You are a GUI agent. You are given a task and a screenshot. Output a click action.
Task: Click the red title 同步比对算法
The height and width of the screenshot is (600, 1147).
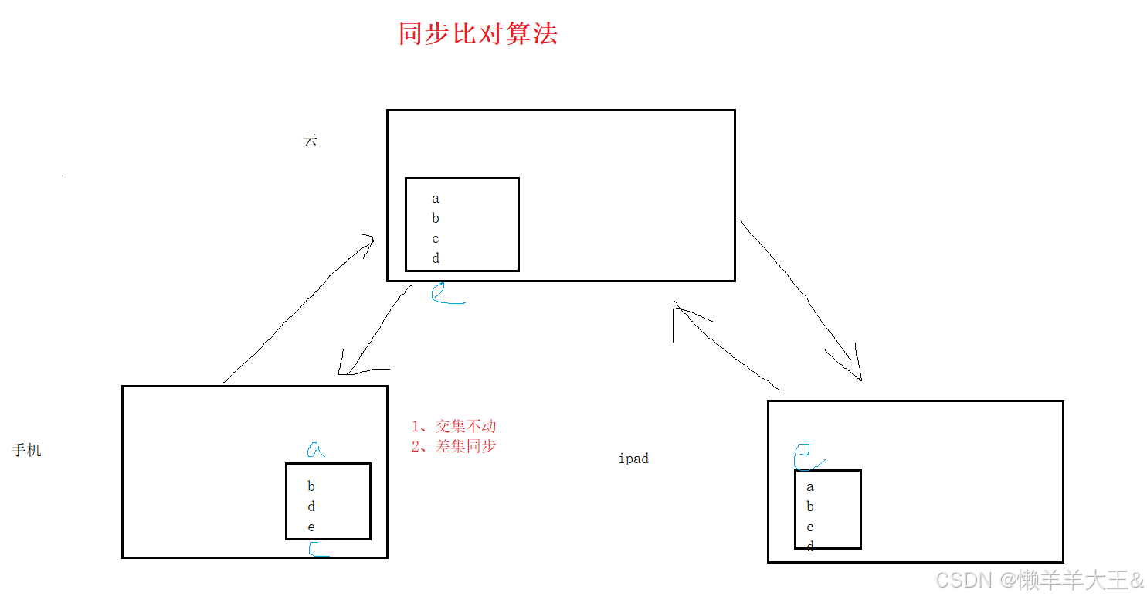pos(477,34)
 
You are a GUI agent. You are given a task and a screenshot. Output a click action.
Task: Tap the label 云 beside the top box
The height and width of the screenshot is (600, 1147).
pos(311,141)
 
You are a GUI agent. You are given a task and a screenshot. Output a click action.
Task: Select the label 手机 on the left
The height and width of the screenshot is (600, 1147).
pos(27,450)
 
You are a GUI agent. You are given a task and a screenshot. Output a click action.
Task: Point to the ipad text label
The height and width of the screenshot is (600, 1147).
pos(633,459)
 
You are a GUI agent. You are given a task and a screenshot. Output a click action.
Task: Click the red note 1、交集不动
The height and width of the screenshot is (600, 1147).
pos(454,426)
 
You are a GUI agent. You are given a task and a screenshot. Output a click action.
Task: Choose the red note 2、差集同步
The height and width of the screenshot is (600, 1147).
pos(454,446)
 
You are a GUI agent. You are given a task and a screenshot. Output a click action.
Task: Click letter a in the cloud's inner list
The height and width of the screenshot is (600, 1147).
pos(436,199)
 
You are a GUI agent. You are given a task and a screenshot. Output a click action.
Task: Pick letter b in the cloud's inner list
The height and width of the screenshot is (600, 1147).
pos(436,219)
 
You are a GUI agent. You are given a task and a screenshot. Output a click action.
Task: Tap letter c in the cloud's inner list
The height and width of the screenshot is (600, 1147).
pos(436,239)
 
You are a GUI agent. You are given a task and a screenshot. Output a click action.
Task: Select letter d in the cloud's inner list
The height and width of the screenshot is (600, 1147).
pos(436,259)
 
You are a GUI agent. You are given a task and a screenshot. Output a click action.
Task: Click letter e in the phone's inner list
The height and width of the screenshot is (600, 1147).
pos(311,527)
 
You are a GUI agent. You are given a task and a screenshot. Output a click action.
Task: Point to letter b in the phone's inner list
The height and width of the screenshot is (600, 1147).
pos(311,486)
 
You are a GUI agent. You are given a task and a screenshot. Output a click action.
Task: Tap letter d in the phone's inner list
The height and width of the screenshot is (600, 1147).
pos(311,507)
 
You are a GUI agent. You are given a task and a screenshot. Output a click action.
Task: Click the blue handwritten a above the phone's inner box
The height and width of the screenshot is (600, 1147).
pos(316,449)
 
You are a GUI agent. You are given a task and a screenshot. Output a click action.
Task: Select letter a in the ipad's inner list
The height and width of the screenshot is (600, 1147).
pos(810,487)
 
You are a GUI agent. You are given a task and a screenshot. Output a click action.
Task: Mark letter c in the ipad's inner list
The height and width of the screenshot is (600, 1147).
pos(810,527)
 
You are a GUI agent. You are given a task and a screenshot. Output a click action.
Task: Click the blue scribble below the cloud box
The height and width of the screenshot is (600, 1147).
pos(445,294)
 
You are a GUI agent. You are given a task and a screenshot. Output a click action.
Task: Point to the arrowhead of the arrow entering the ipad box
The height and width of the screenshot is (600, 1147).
pos(857,376)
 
